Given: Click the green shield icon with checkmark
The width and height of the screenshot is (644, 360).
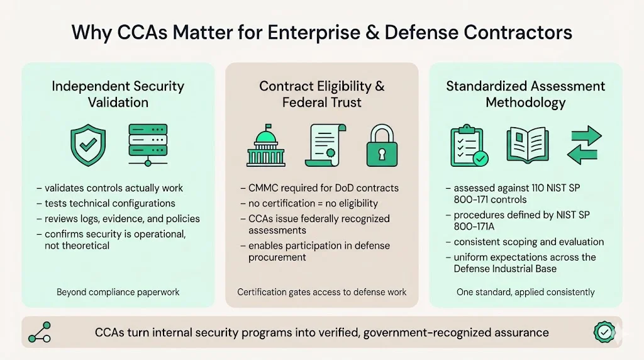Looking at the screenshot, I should [88, 144].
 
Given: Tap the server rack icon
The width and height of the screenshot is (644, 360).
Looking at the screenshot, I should [148, 144].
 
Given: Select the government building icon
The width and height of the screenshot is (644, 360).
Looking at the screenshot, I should [265, 147].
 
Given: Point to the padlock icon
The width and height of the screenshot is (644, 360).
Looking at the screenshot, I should [382, 147].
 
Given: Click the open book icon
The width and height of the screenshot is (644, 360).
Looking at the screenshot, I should [528, 145].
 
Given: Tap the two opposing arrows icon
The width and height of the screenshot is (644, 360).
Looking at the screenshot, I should [584, 145].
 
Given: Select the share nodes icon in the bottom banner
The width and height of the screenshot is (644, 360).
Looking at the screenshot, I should [40, 332].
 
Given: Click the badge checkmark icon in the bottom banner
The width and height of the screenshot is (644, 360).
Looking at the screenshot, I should [603, 332].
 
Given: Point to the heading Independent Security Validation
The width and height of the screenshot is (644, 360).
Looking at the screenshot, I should [118, 94].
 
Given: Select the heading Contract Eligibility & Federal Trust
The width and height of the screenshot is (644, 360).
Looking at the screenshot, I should [321, 94].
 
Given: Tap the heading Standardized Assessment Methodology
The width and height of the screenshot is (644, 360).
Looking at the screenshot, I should [525, 94].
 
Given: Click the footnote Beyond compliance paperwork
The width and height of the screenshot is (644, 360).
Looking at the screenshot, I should [118, 292].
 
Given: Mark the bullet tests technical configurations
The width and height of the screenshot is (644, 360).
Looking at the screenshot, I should [110, 203].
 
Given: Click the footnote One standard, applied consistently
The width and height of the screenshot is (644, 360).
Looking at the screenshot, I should [525, 292].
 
